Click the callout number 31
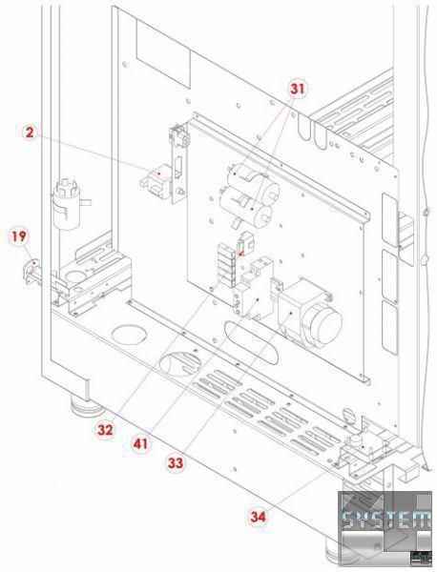click(x=297, y=89)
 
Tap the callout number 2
click(x=29, y=133)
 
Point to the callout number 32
click(x=104, y=431)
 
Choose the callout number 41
click(x=141, y=444)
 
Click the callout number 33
click(x=176, y=463)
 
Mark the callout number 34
click(x=259, y=516)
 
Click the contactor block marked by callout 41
click(x=254, y=288)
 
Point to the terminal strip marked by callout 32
click(x=226, y=260)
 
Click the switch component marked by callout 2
click(x=156, y=181)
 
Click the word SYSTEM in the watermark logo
click(x=387, y=520)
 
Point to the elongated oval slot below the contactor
click(x=252, y=342)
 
